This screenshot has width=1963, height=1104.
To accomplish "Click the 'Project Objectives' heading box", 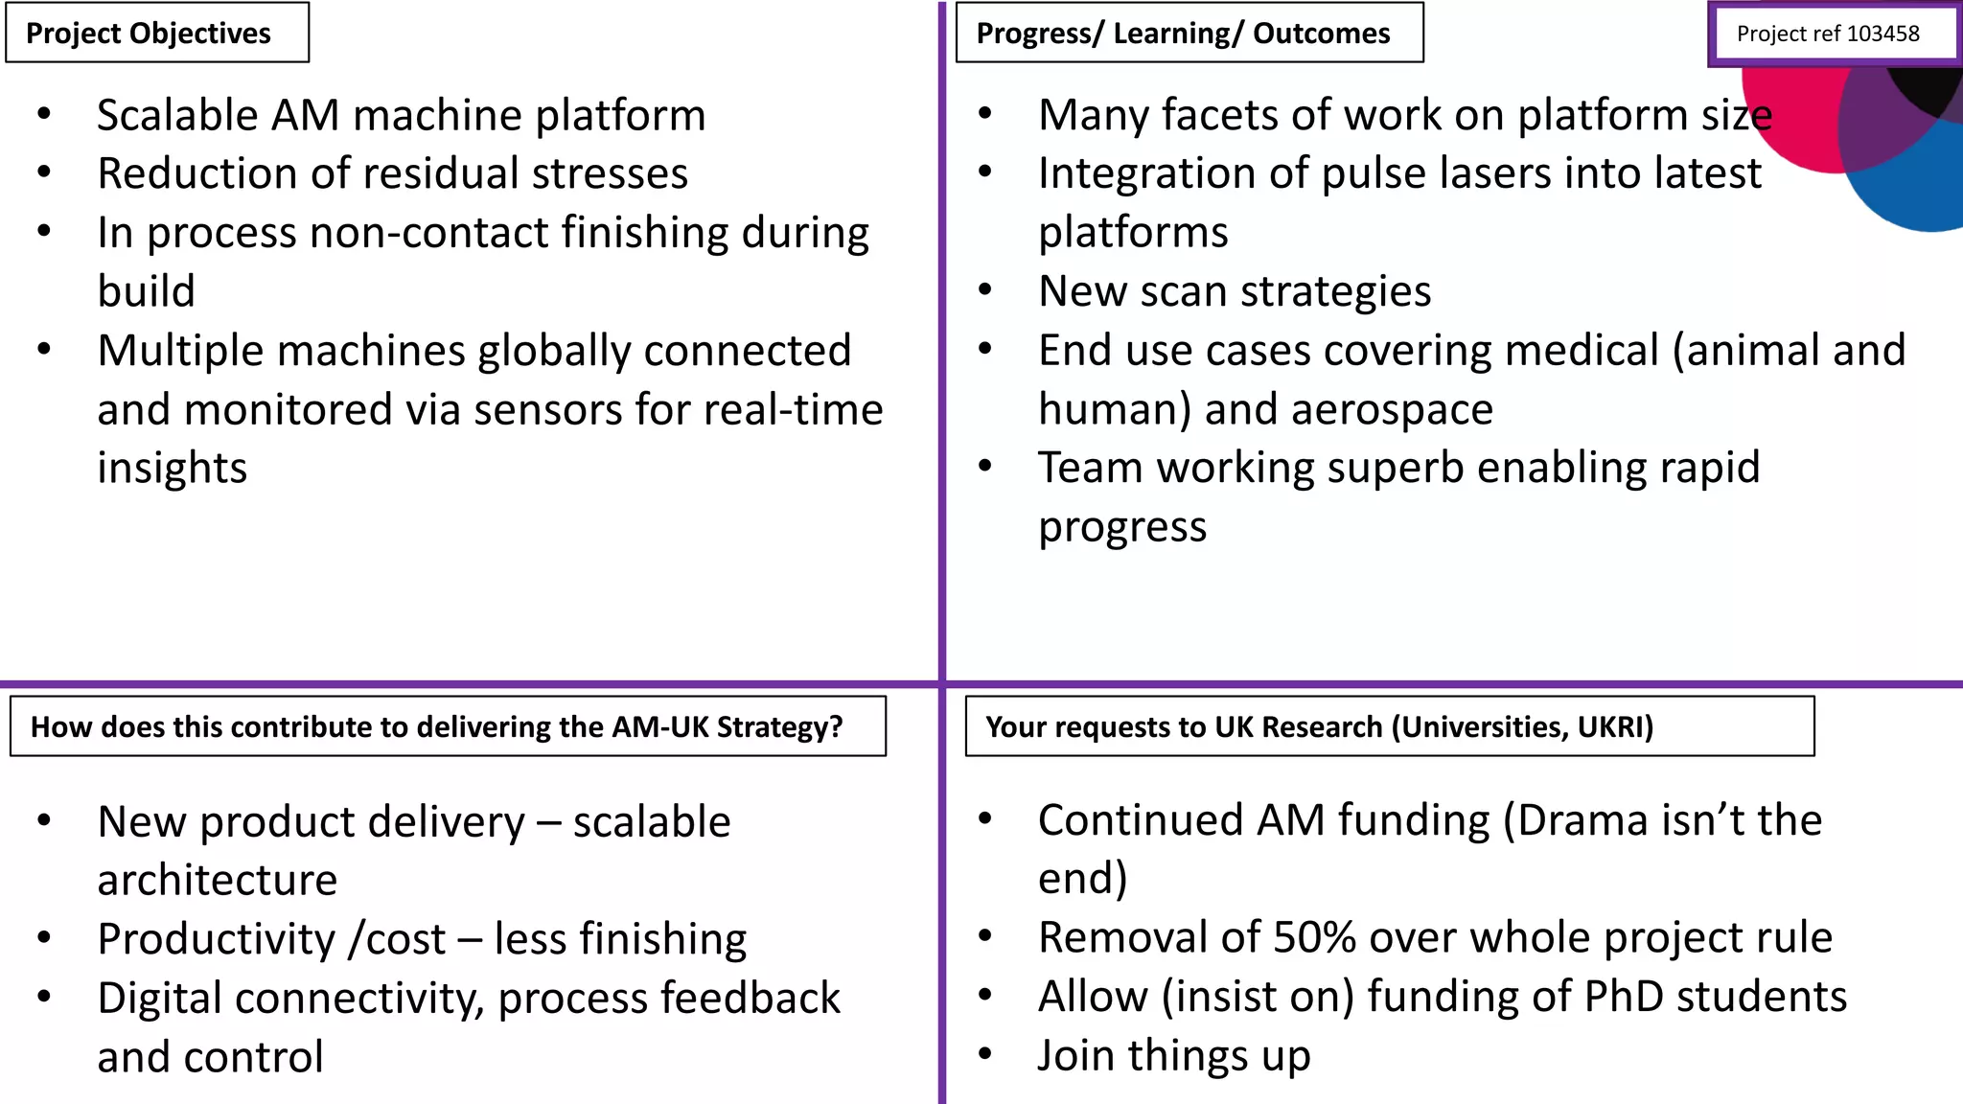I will point(157,34).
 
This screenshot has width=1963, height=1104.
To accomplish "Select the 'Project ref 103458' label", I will point(1828,34).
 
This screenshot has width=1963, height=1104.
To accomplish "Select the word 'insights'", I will point(173,469).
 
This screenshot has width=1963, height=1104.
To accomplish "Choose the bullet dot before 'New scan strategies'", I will point(984,290).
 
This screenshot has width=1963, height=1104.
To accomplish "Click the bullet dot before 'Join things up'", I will point(984,1054).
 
